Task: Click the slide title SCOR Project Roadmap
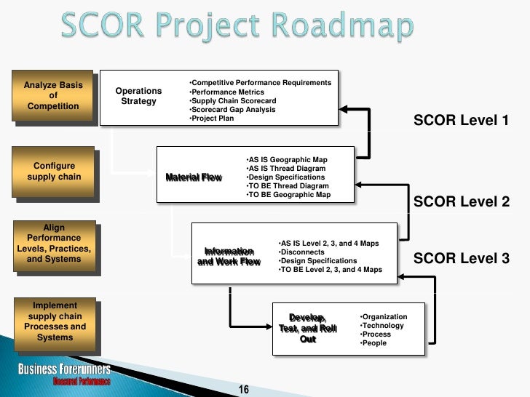coord(236,28)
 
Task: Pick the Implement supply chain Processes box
coord(55,321)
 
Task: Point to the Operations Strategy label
coord(138,96)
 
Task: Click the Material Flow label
coord(193,177)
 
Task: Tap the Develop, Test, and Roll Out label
coord(308,328)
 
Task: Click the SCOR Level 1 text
coord(461,121)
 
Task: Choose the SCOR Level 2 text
coord(461,202)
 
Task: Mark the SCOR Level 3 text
coord(461,259)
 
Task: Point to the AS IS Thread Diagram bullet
coord(285,169)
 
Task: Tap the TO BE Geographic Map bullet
coord(288,195)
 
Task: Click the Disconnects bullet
coord(301,252)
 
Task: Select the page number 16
coord(244,390)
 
